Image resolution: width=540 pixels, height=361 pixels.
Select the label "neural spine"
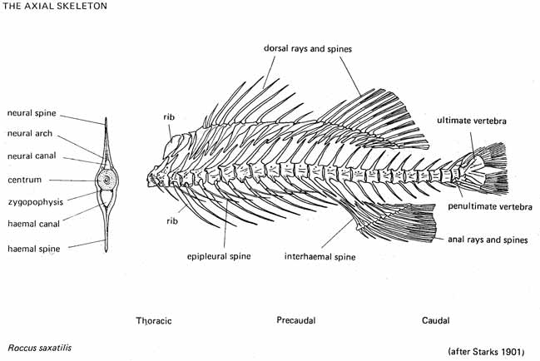click(x=32, y=113)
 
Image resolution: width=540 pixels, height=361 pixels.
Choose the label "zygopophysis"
click(x=33, y=200)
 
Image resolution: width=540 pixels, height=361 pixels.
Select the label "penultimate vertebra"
click(x=490, y=205)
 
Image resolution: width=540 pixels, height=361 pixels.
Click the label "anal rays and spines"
click(x=488, y=240)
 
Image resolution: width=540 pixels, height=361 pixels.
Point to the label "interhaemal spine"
click(x=320, y=257)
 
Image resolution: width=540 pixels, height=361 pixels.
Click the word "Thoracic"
click(x=154, y=320)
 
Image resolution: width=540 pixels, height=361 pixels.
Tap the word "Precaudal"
click(x=295, y=320)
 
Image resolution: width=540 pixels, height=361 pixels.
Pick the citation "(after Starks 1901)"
click(x=485, y=352)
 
